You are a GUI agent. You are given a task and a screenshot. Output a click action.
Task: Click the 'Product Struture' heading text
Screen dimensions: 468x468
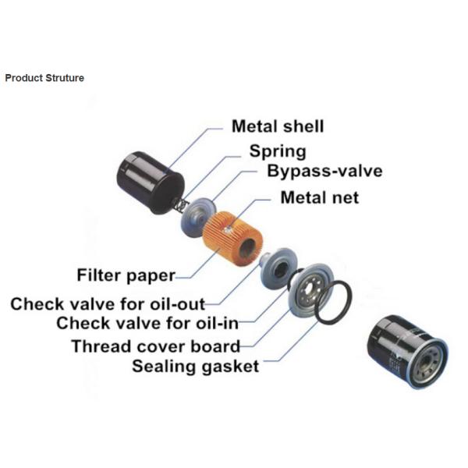44,78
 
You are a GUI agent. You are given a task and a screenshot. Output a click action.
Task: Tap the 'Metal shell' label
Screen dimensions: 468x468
277,126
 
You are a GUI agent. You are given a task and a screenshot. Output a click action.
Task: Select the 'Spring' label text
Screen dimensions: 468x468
278,151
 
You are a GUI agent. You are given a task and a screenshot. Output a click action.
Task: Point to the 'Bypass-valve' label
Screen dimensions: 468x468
324,172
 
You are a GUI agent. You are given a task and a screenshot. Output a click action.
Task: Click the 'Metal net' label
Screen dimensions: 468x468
320,197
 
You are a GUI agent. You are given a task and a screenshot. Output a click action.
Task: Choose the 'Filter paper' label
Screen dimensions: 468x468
126,275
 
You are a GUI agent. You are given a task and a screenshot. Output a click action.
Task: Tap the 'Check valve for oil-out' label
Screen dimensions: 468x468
108,303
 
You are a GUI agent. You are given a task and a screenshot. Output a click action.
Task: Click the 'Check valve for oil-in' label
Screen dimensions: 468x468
147,323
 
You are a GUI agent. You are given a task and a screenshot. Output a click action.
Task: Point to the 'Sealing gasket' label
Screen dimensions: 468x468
195,365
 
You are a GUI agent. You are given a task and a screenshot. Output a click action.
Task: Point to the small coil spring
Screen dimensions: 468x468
179,205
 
